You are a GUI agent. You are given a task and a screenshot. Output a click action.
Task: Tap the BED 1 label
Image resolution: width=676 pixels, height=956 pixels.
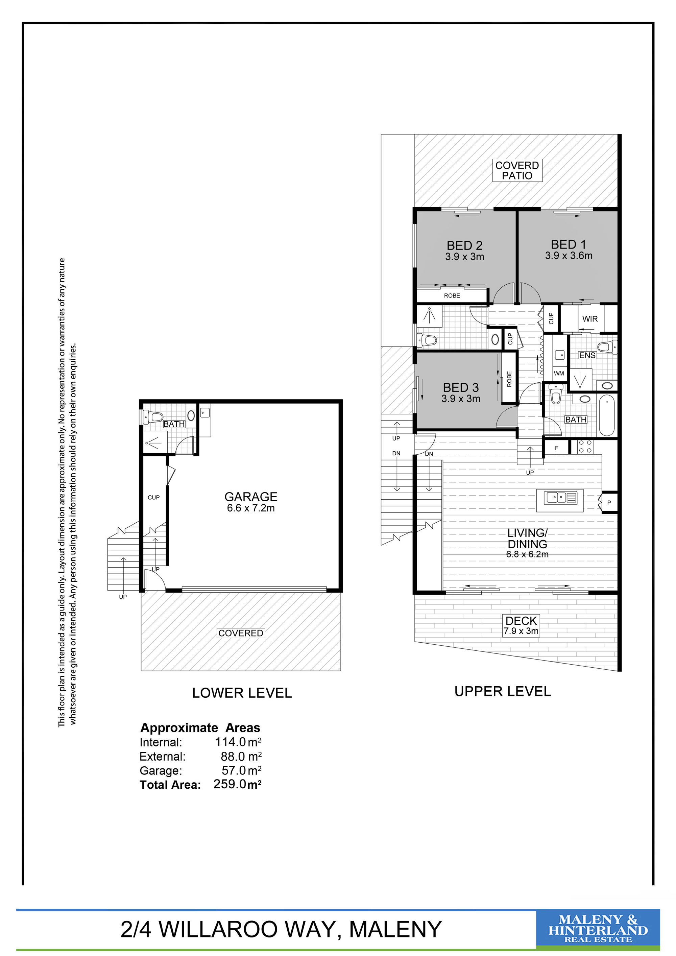568,244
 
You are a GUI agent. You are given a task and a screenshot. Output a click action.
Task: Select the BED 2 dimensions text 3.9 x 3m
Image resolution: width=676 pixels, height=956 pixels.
464,257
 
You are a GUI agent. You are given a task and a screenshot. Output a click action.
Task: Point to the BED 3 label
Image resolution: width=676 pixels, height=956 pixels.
461,388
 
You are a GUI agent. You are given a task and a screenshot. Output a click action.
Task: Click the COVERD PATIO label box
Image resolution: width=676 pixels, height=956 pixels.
517,170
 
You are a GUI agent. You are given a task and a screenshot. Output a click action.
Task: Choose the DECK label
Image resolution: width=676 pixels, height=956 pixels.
521,621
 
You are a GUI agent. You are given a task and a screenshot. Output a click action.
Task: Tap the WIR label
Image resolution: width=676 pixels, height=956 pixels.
590,319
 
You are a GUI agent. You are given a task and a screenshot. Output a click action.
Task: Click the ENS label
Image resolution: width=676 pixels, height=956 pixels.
587,355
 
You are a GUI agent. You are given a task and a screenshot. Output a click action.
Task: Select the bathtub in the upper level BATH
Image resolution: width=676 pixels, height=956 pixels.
607,415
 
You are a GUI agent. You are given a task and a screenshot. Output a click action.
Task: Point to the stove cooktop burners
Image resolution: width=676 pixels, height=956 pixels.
585,447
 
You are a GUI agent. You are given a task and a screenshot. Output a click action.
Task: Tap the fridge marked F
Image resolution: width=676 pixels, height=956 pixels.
557,448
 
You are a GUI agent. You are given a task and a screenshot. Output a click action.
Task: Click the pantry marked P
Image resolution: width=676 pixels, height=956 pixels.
609,503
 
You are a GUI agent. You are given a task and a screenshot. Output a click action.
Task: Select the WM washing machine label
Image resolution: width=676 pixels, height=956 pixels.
559,373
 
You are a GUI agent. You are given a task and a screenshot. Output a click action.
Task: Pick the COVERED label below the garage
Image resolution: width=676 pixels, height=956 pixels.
241,633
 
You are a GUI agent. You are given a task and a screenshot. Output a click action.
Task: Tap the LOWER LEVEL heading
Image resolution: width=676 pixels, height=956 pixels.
242,693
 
